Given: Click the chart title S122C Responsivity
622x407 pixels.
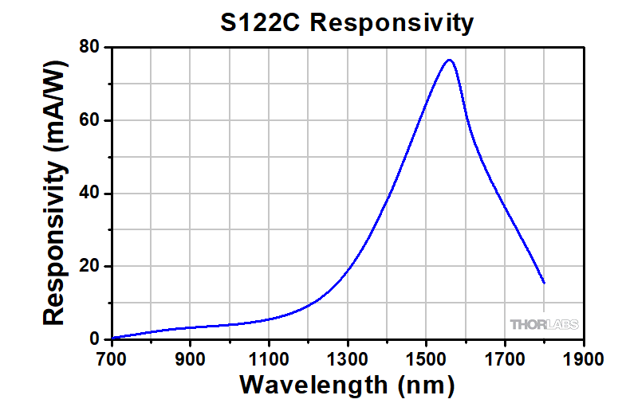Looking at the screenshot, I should coord(347,23).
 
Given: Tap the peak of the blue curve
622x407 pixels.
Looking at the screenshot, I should coord(450,60).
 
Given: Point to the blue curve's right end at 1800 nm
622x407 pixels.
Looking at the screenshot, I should coord(544,282).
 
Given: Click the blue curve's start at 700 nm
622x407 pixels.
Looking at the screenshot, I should coord(112,338).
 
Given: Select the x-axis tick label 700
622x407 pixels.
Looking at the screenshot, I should coord(112,358).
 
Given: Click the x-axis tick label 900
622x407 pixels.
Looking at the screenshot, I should coord(191,358).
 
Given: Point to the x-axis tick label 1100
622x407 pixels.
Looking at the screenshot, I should coord(269,358).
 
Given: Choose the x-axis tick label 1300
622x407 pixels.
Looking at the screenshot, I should coord(348,358).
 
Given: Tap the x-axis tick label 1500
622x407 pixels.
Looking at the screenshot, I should coord(426,358).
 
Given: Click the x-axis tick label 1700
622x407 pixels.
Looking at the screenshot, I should coord(505,358).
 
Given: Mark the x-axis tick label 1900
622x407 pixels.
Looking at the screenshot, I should coord(583,358).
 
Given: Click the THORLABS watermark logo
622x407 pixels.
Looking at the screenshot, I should coord(544,324).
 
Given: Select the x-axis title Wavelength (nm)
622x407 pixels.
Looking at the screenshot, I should coord(347,385).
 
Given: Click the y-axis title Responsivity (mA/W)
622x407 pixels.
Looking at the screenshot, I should coord(54,194).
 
